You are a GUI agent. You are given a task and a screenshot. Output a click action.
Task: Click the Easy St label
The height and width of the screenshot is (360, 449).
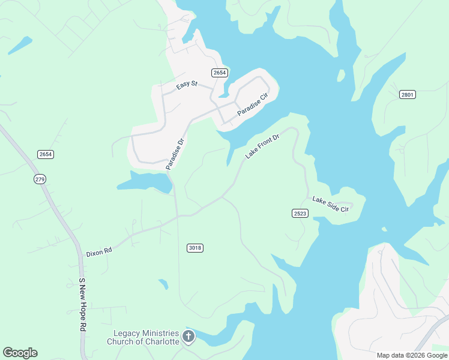(187, 85)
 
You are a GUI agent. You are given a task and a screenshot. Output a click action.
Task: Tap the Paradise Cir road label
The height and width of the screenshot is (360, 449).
(252, 104)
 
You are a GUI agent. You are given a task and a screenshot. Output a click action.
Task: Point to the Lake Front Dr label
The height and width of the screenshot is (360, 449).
(262, 147)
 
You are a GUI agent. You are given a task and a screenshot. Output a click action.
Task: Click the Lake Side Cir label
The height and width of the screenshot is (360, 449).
(330, 205)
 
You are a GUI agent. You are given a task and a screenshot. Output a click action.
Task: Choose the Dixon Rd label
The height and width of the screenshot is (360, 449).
(99, 253)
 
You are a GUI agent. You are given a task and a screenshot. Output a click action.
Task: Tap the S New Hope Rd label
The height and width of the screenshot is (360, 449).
(83, 305)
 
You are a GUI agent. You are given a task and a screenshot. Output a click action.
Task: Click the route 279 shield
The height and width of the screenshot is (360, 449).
(40, 179)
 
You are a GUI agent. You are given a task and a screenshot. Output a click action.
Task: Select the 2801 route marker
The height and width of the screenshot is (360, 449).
(408, 94)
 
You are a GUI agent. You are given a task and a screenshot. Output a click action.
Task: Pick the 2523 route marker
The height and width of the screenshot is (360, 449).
(301, 214)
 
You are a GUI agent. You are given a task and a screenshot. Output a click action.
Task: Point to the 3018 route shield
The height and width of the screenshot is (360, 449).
(195, 248)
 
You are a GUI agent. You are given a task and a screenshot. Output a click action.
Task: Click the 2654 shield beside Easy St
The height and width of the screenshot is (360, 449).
(220, 73)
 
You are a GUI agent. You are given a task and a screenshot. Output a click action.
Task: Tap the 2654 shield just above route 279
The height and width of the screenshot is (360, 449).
(46, 154)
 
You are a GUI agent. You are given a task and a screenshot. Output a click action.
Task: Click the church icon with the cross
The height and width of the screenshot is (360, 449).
(188, 337)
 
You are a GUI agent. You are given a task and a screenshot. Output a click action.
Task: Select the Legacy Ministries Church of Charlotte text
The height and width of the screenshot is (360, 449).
(143, 337)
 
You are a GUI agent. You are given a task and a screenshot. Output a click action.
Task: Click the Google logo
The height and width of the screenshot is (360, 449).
(20, 353)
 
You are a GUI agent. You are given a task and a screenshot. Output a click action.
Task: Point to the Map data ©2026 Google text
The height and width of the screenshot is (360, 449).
(412, 355)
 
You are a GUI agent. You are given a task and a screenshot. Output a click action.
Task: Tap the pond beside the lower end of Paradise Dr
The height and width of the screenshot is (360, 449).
(144, 181)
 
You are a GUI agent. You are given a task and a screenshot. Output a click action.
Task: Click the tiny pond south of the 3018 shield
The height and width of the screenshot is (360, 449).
(163, 284)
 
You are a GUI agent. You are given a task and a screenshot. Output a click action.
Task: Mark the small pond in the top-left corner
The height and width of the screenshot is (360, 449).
(20, 45)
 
